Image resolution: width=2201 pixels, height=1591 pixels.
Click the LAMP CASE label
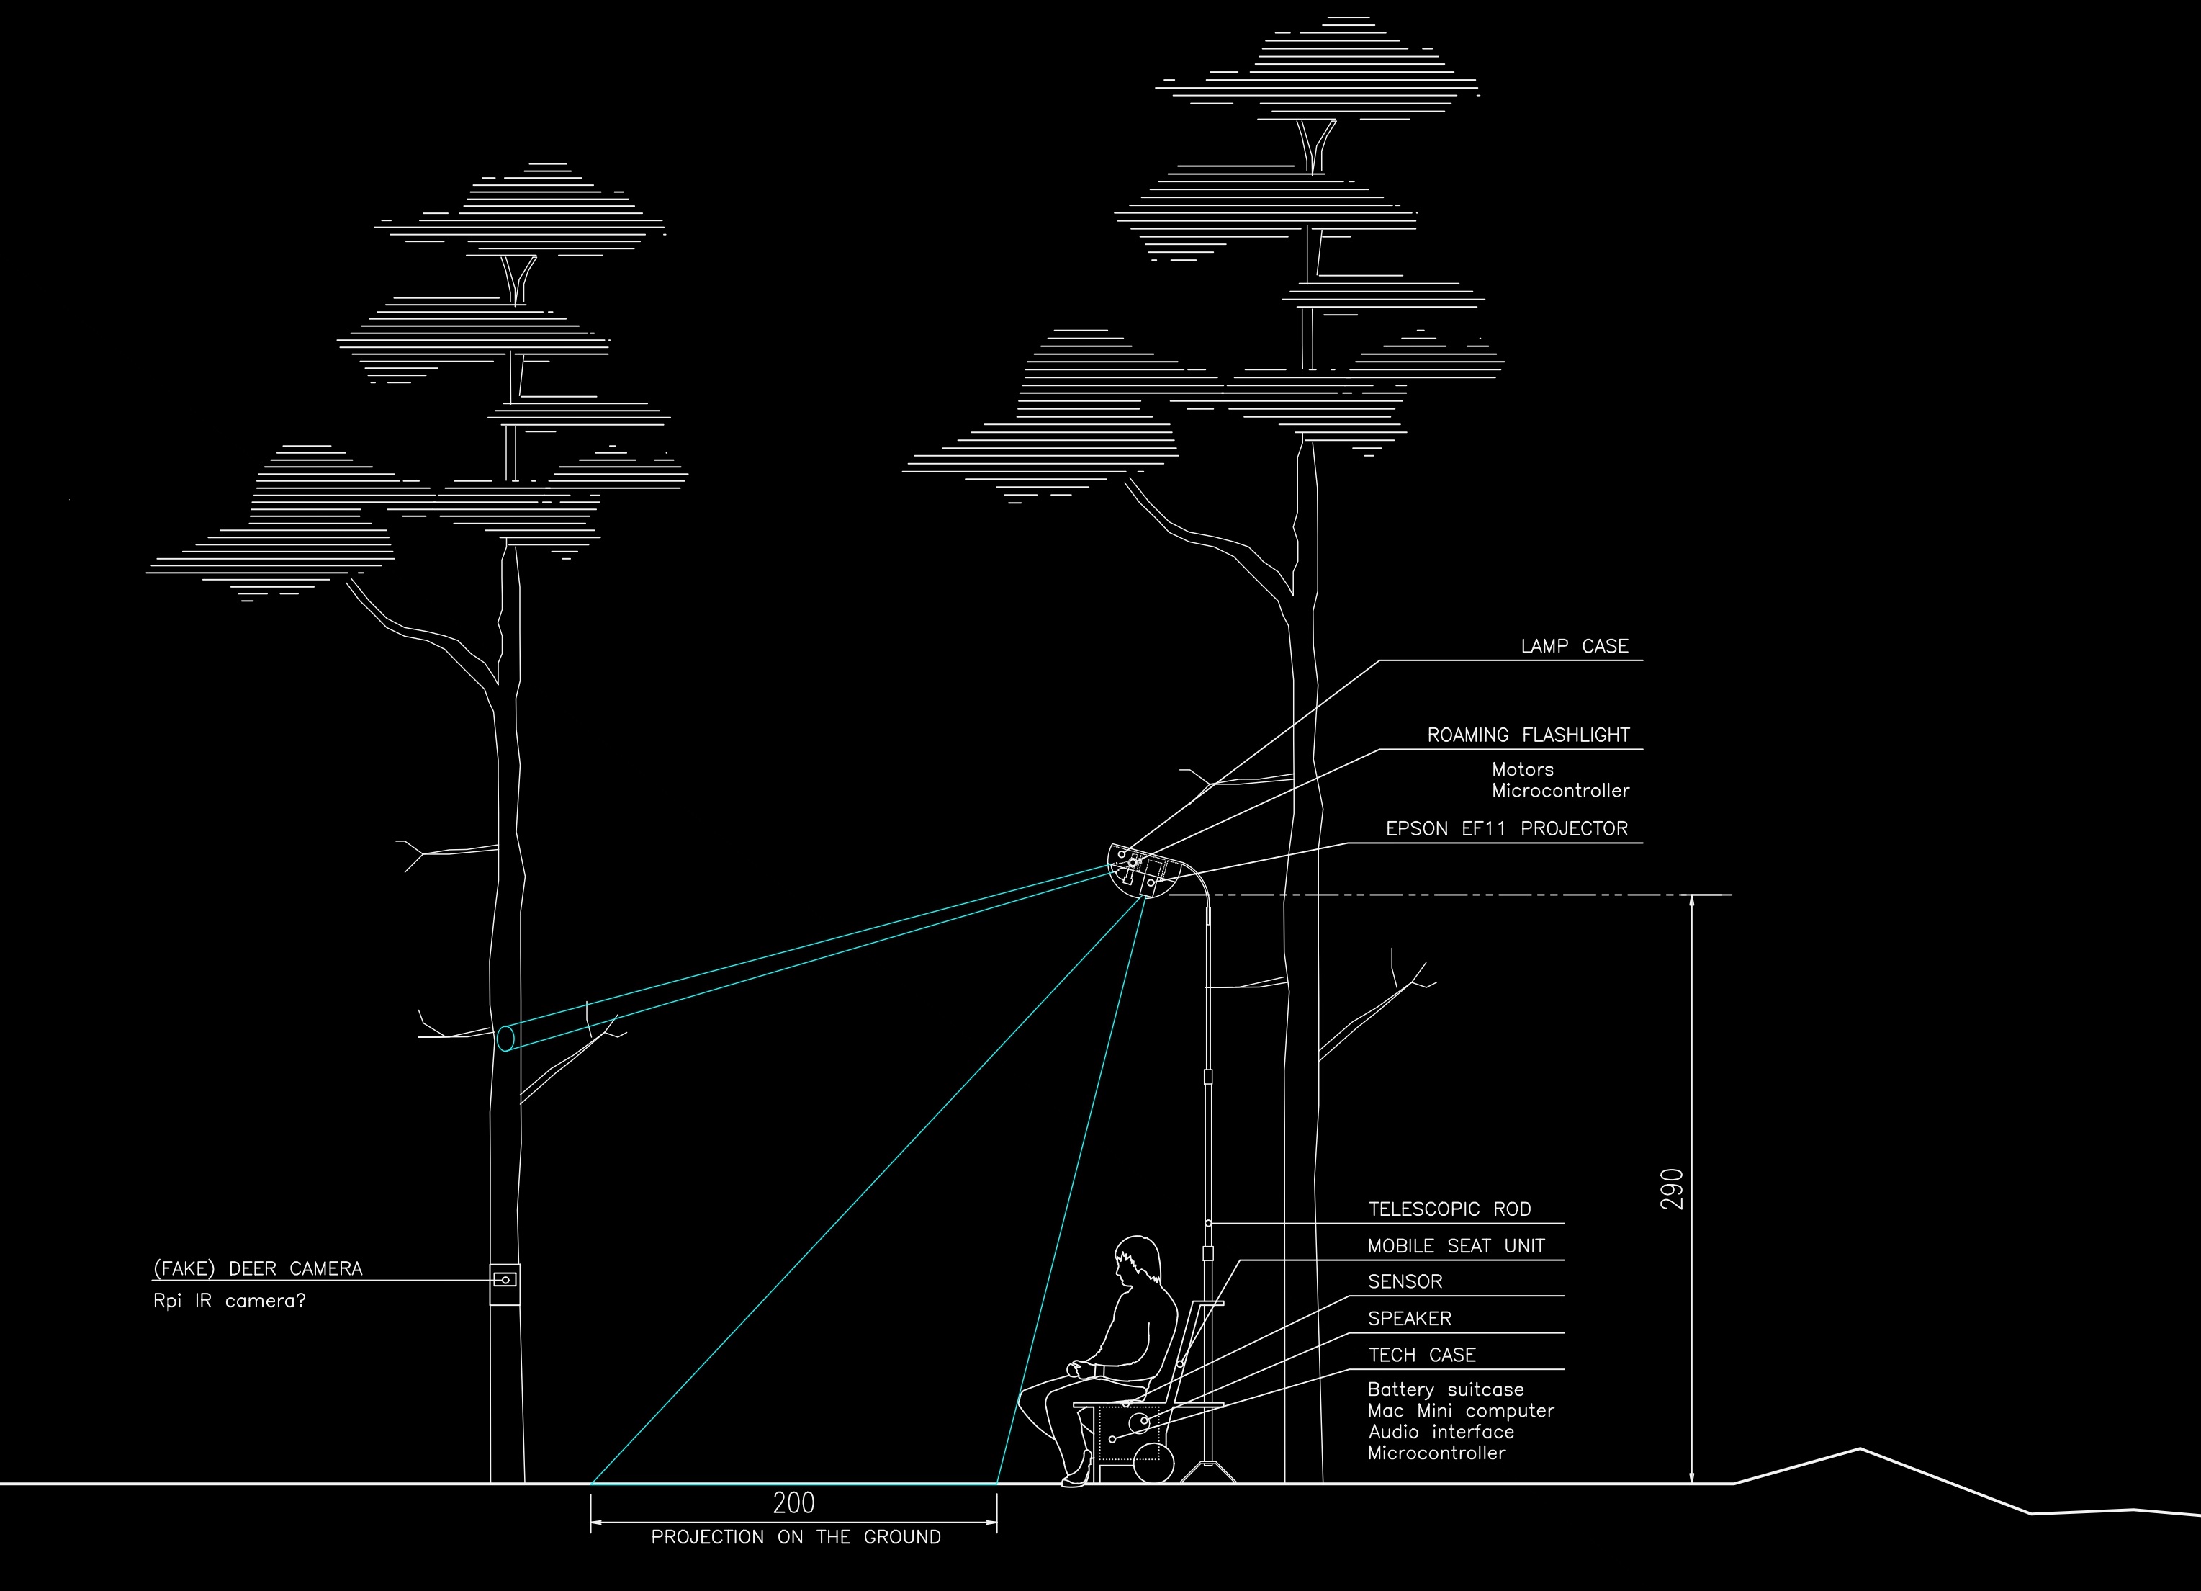coord(1574,647)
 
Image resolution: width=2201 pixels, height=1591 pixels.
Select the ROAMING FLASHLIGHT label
coord(1528,735)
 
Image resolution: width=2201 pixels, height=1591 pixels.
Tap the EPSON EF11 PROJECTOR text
coord(1506,829)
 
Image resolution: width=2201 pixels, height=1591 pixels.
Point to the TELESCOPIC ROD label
coord(1449,1209)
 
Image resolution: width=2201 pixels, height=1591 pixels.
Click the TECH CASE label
coord(1422,1355)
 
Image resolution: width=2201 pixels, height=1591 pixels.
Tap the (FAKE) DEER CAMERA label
coord(257,1269)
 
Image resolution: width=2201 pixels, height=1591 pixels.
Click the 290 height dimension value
coord(1672,1188)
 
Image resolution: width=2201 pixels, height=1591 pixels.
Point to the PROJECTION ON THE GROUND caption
coord(795,1538)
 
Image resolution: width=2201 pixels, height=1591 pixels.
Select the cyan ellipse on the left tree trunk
coord(505,1038)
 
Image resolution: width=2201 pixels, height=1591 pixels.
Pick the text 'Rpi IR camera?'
coord(229,1301)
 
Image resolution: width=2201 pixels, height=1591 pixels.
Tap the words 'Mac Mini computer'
coord(1461,1410)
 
